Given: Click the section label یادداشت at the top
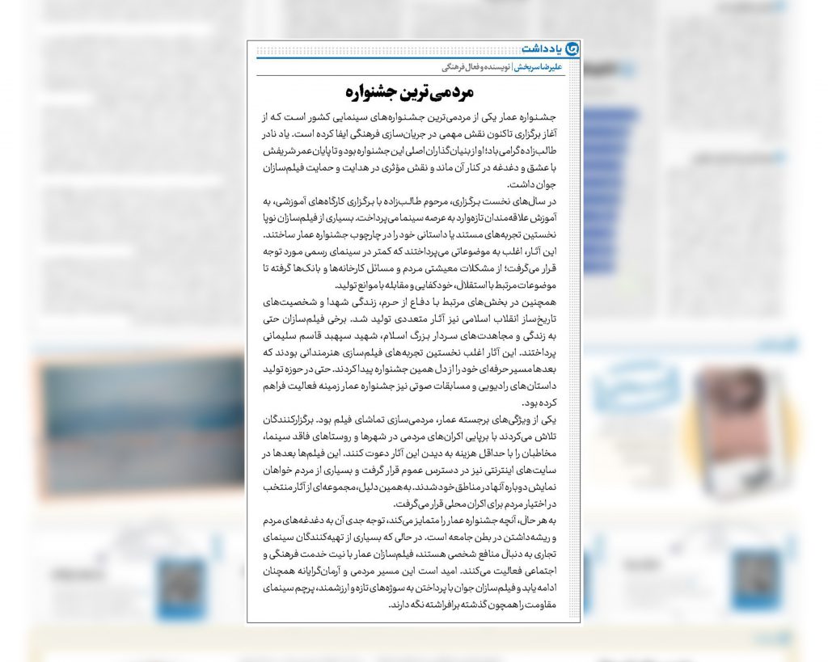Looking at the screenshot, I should coord(541,48).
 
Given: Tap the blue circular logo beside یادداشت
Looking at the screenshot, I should coord(572,48).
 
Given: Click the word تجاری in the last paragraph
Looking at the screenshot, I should coord(560,554).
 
